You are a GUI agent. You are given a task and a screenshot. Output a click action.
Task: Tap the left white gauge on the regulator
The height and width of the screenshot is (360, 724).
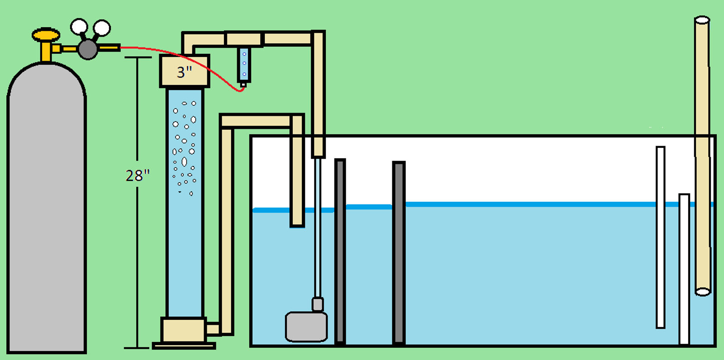click(x=79, y=27)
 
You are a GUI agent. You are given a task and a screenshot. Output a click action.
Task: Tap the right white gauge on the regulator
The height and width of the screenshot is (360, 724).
click(x=102, y=28)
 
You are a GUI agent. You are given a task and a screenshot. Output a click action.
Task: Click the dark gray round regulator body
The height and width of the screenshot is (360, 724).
click(x=88, y=49)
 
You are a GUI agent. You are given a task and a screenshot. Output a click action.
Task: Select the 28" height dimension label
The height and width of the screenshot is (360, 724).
click(x=138, y=176)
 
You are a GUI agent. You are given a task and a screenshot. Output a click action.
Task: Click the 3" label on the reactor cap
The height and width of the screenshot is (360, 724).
click(x=185, y=72)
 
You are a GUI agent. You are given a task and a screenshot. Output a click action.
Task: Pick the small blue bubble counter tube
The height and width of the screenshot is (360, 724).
click(x=244, y=65)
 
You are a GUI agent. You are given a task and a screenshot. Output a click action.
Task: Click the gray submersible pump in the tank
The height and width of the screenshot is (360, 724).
click(x=306, y=327)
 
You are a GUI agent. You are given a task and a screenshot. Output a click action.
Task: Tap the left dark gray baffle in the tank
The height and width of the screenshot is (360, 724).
click(x=340, y=251)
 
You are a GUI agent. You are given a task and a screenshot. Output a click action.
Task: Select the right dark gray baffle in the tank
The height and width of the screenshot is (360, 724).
click(x=399, y=253)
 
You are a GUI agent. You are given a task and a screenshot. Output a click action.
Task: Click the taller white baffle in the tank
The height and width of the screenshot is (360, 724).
click(x=660, y=237)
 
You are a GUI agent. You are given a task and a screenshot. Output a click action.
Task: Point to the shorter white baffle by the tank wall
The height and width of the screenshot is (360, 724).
click(x=684, y=269)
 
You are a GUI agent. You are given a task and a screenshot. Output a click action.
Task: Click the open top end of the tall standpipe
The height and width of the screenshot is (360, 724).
click(x=702, y=20)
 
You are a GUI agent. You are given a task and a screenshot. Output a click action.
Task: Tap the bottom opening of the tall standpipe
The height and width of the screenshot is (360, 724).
click(x=703, y=292)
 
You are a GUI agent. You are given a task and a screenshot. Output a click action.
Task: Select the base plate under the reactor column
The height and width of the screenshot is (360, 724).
click(x=184, y=346)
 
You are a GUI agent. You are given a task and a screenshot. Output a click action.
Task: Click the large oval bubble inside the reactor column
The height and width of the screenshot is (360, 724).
click(x=184, y=161)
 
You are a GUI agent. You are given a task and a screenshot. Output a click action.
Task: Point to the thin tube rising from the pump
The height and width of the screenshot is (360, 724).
click(x=318, y=227)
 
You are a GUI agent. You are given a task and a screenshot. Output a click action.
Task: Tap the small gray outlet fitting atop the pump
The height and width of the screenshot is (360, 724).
click(x=317, y=304)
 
